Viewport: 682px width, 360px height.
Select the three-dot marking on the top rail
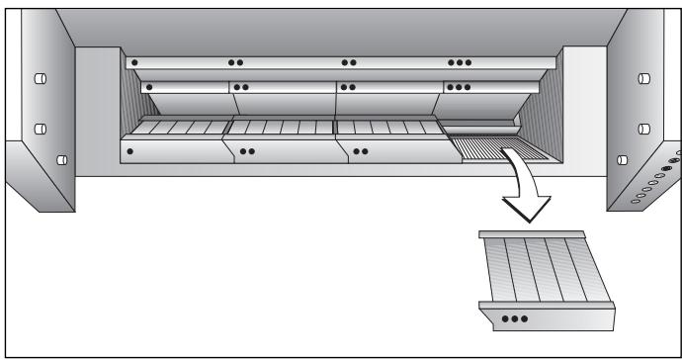(460, 61)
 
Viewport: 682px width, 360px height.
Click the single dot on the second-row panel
(150, 87)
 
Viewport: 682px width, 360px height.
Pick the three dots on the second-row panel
(460, 87)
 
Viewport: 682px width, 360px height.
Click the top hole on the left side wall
(41, 79)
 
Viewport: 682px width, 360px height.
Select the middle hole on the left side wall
(41, 128)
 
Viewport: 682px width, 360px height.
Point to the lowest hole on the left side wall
(61, 158)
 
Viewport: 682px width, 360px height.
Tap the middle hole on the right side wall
(644, 128)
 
